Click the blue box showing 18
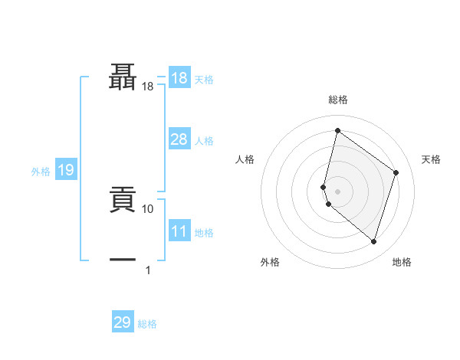(179, 78)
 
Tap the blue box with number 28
(179, 139)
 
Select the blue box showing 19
(66, 170)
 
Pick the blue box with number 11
(179, 231)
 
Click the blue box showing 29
(123, 322)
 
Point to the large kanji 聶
(123, 77)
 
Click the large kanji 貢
(123, 200)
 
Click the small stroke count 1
(148, 270)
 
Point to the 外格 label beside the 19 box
(41, 172)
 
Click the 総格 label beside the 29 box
(147, 324)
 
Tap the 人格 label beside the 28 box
(204, 141)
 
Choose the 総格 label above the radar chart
(337, 100)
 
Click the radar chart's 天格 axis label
(431, 159)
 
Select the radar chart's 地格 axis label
(402, 262)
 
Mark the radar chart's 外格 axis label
(270, 262)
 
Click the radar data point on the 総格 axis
(337, 130)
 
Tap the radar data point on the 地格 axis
(373, 242)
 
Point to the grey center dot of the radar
(337, 191)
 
